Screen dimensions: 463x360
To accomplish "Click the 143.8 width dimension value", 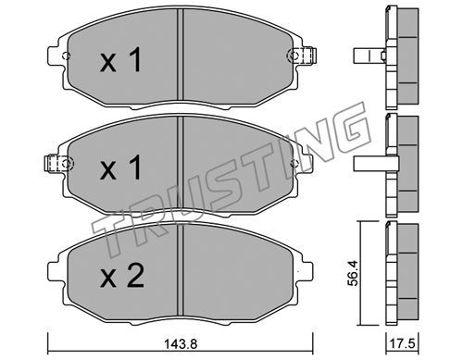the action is (181, 343).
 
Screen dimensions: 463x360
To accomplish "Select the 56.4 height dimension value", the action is (353, 273).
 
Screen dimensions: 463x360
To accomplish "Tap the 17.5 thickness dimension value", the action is (403, 343).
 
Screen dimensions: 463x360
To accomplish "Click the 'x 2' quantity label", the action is (122, 277).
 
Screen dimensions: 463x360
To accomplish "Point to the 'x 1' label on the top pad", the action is (120, 60).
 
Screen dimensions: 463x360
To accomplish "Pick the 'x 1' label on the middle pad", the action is (120, 168).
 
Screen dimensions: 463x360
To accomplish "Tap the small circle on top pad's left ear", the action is (67, 56).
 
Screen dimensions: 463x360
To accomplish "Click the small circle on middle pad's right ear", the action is (294, 163).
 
